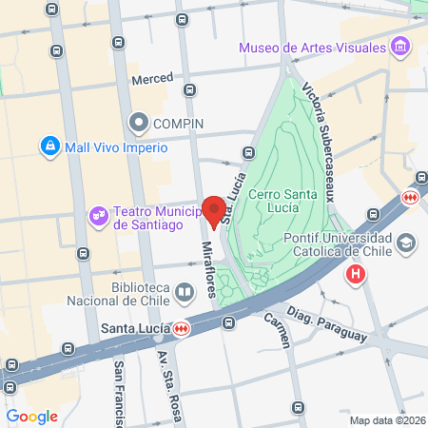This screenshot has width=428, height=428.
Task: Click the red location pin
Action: [x=215, y=210]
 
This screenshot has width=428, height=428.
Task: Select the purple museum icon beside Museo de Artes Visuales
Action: [x=400, y=46]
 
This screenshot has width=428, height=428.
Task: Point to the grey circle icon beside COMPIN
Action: [x=140, y=122]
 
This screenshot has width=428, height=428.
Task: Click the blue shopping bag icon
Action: [x=49, y=146]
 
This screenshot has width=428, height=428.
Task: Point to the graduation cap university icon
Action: [x=407, y=244]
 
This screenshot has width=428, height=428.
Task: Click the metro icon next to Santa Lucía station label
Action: [x=181, y=329]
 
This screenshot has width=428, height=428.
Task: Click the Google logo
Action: [x=31, y=416]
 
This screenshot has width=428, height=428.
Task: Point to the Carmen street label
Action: [x=276, y=330]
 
